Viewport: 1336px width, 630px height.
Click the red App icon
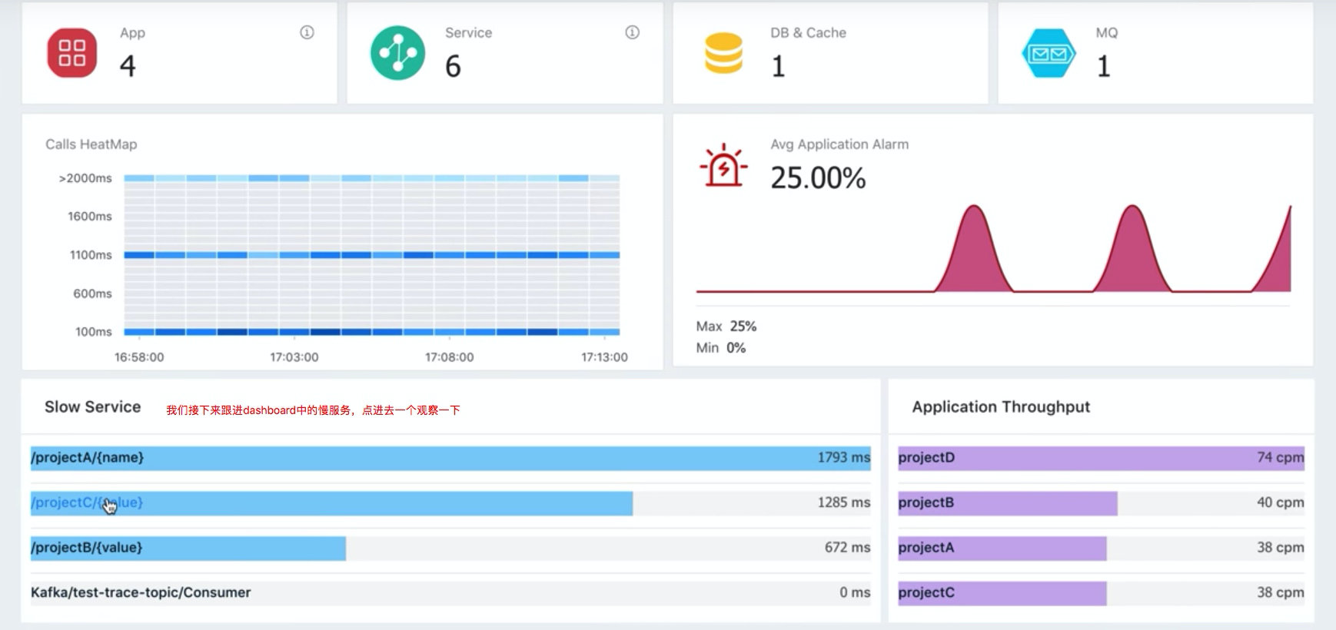(72, 53)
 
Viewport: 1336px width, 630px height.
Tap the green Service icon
(397, 53)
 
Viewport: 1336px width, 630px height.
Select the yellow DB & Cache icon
(723, 53)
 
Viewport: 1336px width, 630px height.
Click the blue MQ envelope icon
(1049, 54)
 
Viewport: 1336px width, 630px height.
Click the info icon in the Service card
(632, 32)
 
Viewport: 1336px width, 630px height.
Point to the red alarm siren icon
(723, 165)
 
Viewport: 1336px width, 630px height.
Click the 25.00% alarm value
(818, 178)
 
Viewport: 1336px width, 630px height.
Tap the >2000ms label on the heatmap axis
(85, 178)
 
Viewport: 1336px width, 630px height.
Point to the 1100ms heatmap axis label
(91, 255)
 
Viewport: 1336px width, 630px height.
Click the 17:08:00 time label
(449, 357)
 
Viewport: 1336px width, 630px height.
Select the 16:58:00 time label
(139, 357)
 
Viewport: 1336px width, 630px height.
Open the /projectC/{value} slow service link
(87, 502)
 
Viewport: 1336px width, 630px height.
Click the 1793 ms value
(843, 458)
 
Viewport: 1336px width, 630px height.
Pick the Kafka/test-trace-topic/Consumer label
(141, 592)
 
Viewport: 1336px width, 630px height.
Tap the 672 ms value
(847, 548)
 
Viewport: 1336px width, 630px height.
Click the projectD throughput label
(926, 458)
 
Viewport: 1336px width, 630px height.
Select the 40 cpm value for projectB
(1280, 502)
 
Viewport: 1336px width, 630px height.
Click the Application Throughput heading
(1001, 407)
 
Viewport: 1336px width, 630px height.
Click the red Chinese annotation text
(313, 410)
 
